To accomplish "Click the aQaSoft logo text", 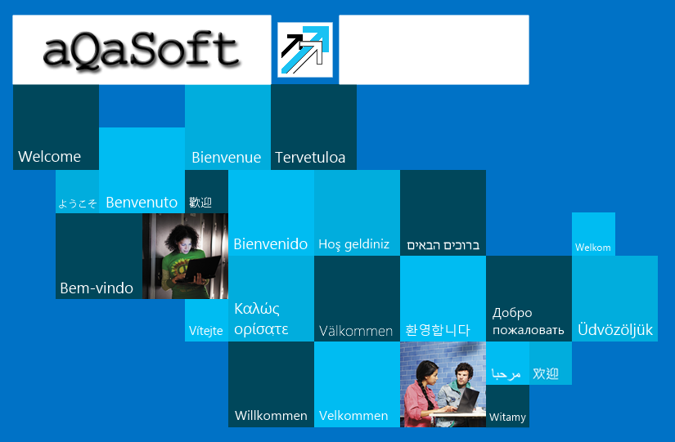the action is click(141, 50).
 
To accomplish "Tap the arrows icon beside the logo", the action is click(305, 50).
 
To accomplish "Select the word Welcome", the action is click(50, 157).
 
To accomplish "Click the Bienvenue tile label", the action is click(227, 158).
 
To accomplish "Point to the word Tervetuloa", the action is click(310, 158).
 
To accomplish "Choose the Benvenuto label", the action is click(142, 202).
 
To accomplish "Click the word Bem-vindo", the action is click(97, 288).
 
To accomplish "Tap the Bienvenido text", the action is click(270, 244).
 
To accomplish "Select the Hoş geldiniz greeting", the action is click(353, 244).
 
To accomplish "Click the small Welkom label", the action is click(593, 248).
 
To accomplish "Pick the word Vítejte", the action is click(205, 331).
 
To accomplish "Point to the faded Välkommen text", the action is click(356, 331).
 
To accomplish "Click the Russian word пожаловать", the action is click(529, 330).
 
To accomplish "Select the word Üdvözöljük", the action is click(615, 329).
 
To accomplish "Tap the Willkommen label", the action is click(271, 416).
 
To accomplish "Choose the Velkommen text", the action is click(353, 416).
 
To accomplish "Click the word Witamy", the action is click(507, 417).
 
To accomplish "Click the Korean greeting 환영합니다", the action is click(438, 330).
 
